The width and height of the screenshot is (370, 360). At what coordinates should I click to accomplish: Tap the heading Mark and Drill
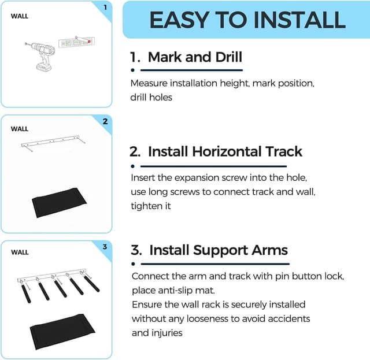click(195, 57)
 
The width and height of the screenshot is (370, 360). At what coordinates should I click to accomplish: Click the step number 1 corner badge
click(105, 8)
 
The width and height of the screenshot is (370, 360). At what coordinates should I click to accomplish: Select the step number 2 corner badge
click(105, 121)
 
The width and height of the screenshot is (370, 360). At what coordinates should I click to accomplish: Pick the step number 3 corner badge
click(105, 247)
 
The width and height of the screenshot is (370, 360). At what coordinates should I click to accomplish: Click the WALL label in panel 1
click(19, 16)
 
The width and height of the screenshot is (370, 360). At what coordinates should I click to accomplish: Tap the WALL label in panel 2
click(19, 129)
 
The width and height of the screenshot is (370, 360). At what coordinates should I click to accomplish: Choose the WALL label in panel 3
click(19, 253)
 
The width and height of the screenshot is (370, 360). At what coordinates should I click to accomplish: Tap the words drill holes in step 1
click(151, 97)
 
